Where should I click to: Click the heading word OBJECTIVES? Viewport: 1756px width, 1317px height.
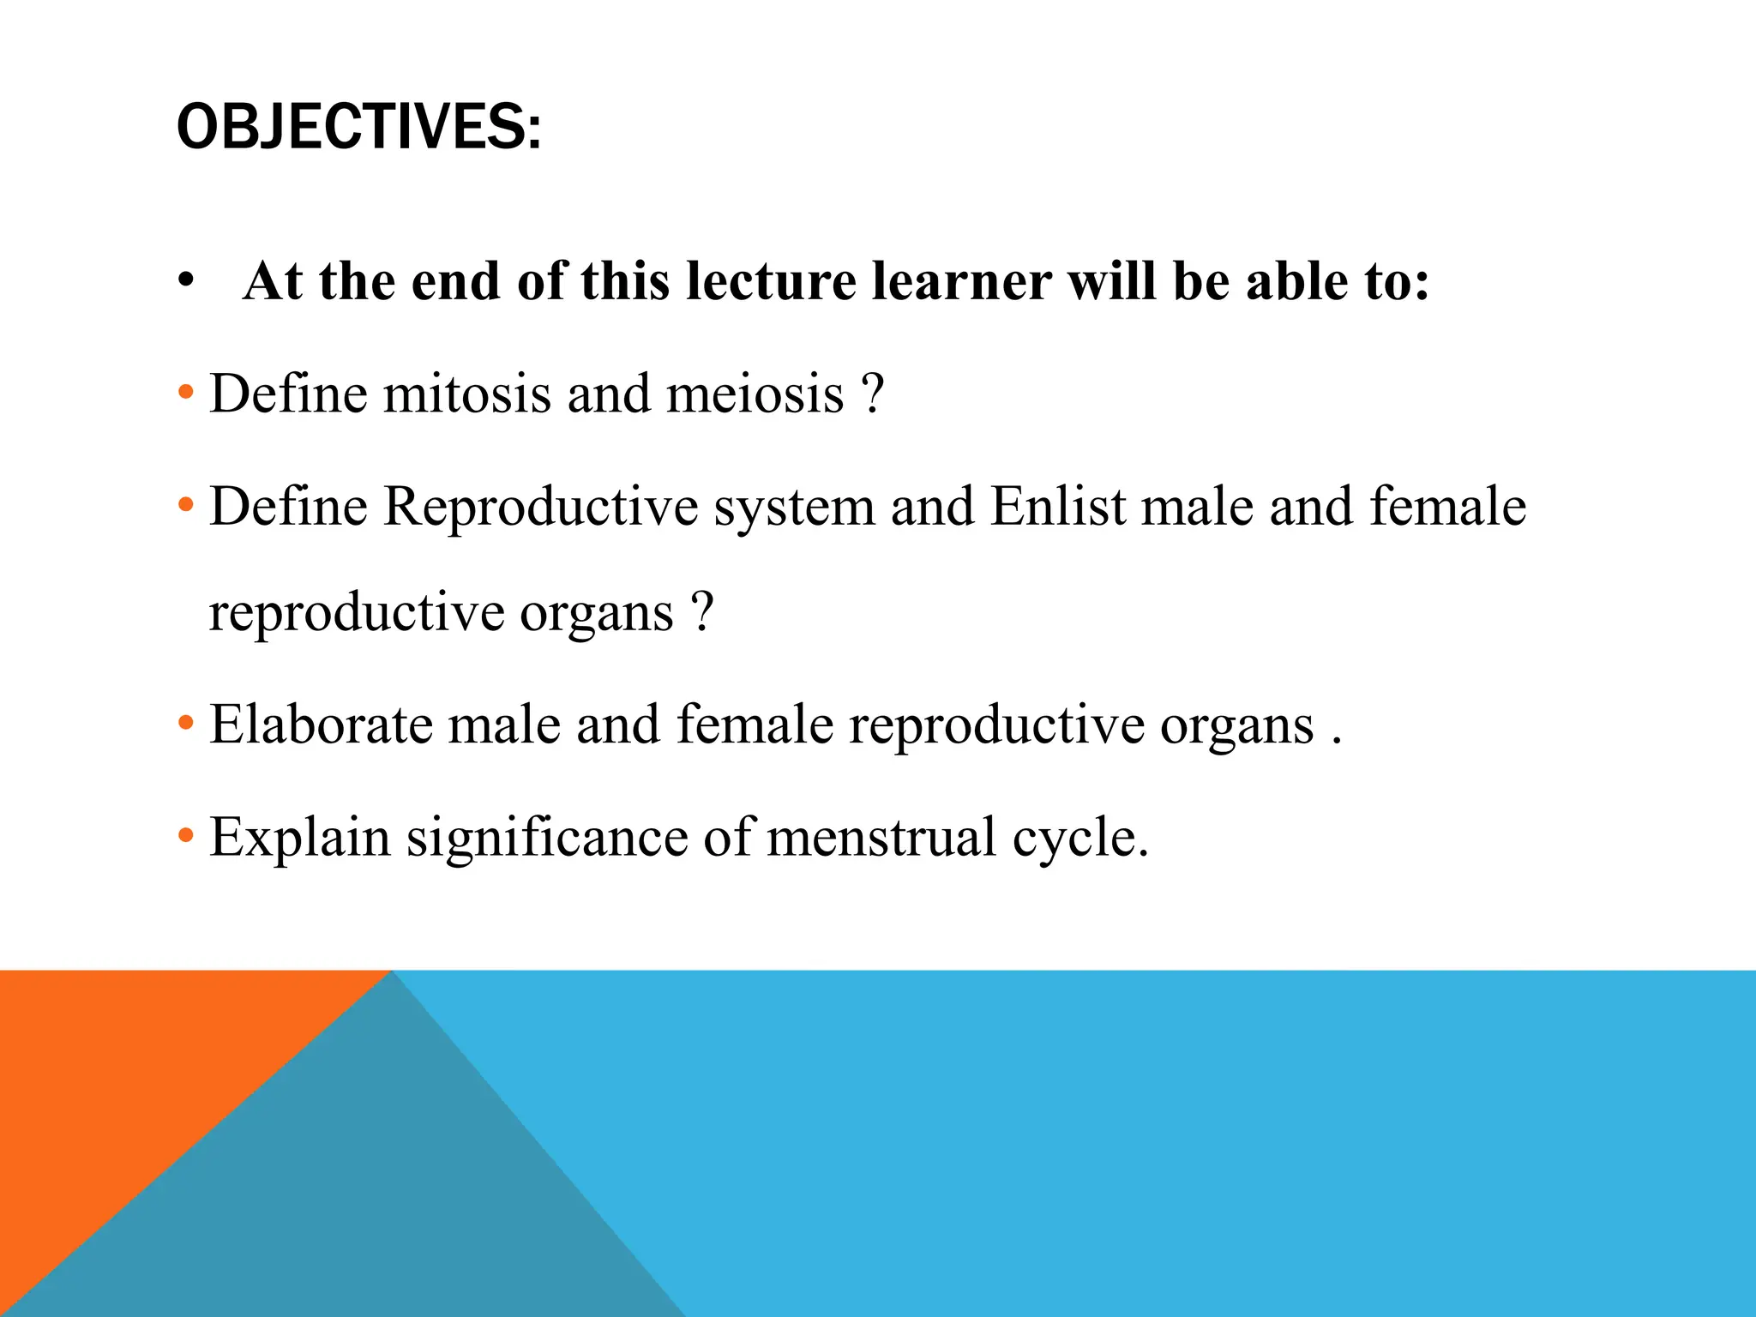tap(358, 127)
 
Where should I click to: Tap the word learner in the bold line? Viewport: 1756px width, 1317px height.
tap(961, 281)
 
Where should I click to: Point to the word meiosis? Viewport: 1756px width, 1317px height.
tap(755, 394)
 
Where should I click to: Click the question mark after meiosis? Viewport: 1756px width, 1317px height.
tap(872, 394)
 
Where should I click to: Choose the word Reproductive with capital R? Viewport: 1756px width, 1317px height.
tap(540, 506)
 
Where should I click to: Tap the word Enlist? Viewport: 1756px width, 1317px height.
tap(1058, 506)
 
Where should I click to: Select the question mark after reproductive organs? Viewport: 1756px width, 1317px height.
tap(701, 612)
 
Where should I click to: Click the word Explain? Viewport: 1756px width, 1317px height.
tap(300, 838)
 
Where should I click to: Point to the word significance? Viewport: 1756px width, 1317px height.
tap(547, 838)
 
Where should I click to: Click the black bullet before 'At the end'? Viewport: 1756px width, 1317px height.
tap(186, 281)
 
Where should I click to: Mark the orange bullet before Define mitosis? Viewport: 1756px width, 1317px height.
tap(185, 394)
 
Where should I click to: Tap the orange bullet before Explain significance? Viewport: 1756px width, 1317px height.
tap(185, 836)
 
